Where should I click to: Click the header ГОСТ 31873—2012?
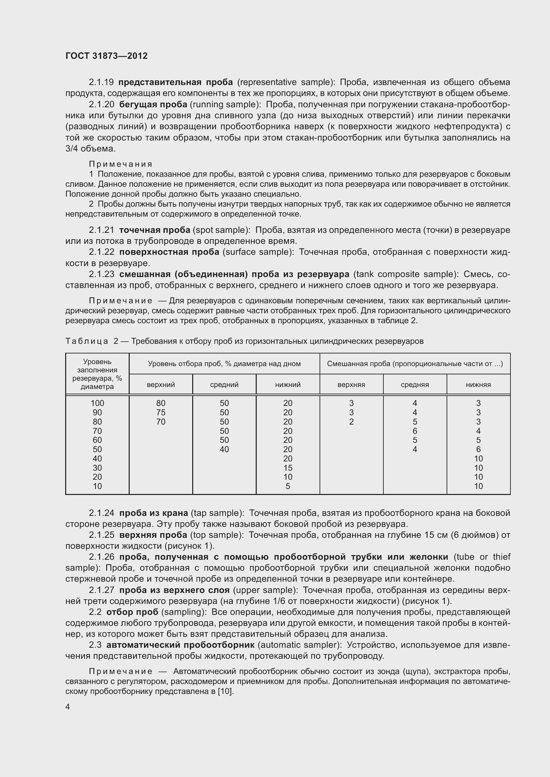pos(106,56)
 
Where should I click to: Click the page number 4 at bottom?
pos(68,707)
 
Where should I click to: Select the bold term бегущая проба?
pos(153,104)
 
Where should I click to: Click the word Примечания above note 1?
pos(121,164)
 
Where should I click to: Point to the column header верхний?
pos(161,384)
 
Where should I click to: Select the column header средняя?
pos(415,384)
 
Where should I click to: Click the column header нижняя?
pos(478,384)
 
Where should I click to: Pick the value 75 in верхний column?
pos(161,412)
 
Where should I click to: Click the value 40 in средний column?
pos(224,449)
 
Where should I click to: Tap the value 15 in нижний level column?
pos(288,468)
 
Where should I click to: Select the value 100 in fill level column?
pos(97,403)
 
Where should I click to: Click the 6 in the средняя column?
pos(415,431)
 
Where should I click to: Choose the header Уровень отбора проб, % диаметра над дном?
pos(224,364)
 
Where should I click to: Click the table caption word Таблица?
pos(87,341)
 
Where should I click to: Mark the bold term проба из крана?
pos(153,513)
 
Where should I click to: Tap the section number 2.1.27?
pos(102,590)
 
